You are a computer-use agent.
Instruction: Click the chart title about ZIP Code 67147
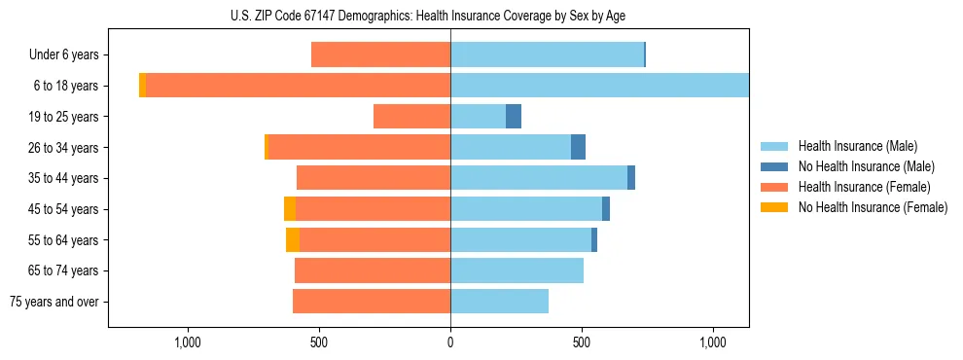[428, 15]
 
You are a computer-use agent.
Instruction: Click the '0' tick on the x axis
[450, 342]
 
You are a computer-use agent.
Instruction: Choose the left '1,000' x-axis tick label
[187, 342]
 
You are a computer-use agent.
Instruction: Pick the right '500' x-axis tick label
[582, 342]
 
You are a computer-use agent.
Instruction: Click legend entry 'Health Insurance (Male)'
[857, 146]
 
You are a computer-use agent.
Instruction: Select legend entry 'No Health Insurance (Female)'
[873, 207]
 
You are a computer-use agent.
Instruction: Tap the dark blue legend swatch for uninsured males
[774, 166]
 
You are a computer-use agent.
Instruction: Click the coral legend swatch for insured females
[774, 187]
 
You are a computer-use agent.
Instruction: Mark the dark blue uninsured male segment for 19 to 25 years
[514, 117]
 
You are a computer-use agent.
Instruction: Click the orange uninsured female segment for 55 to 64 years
[293, 239]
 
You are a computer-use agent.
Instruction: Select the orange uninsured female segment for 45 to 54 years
[290, 209]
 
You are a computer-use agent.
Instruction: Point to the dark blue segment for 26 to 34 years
[578, 147]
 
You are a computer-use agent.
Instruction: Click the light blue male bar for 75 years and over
[499, 302]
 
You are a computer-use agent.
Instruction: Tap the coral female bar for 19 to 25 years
[411, 117]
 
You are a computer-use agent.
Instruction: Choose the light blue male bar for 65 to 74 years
[517, 270]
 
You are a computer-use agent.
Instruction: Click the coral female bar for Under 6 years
[380, 55]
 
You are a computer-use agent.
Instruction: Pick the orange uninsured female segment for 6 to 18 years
[142, 86]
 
